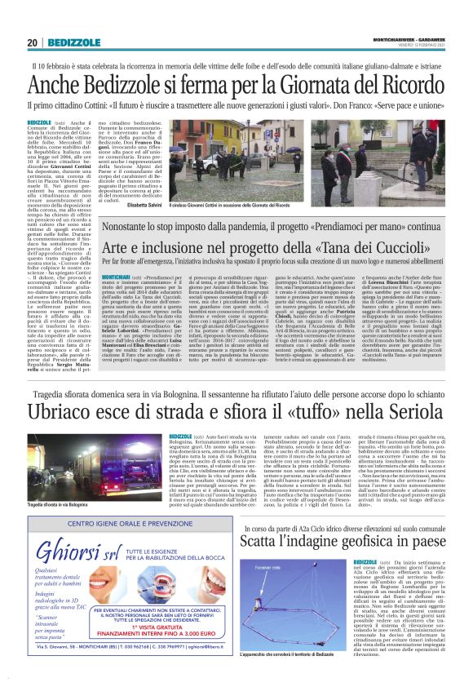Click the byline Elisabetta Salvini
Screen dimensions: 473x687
click(166, 205)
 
